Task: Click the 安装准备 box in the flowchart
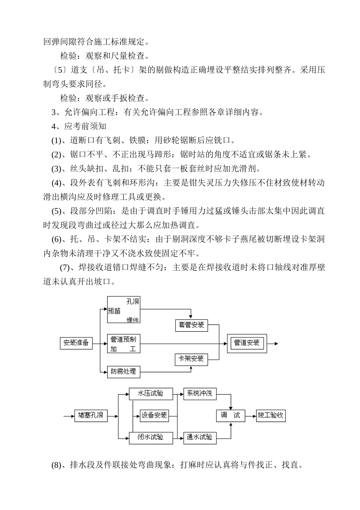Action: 76,343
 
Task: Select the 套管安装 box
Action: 191,325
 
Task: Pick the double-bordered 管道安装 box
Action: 247,343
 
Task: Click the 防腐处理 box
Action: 124,371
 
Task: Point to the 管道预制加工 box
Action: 124,343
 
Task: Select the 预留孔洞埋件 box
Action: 124,310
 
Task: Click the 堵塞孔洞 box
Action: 91,416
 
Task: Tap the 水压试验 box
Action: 151,394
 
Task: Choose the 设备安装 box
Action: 154,416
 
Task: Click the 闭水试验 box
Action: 151,438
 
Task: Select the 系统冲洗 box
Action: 200,394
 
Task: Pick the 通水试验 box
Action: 200,438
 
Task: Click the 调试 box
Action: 230,416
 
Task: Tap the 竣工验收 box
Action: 271,416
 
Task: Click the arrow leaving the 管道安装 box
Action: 273,343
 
